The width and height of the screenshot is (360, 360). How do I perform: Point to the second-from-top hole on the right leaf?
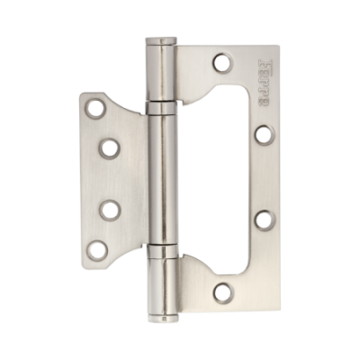(x=262, y=133)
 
